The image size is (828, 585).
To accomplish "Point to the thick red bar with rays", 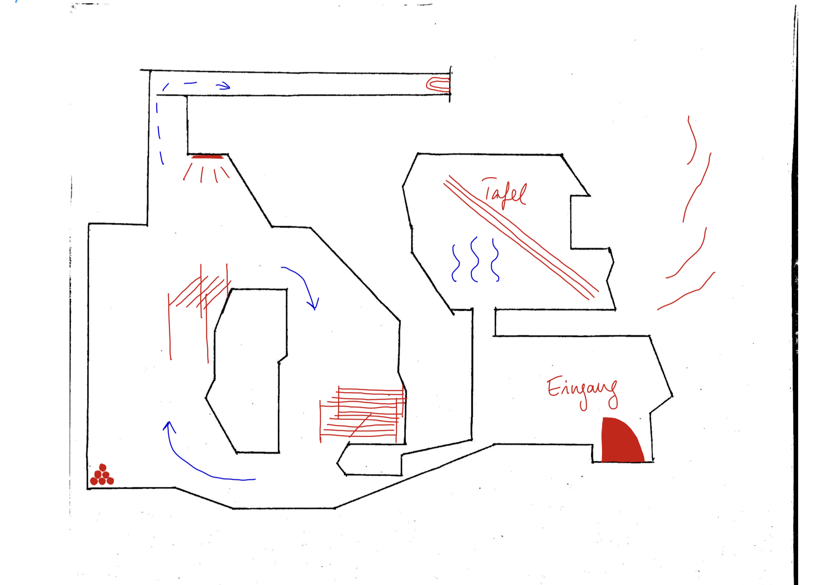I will (x=207, y=157).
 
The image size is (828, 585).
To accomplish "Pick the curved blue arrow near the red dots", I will (x=194, y=465).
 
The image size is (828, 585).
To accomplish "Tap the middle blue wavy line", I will (x=474, y=259).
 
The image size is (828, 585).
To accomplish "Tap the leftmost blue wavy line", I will (x=456, y=263).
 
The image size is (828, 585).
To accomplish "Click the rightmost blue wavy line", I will (x=495, y=260).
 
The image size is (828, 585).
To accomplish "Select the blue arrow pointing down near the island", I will (x=305, y=285).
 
